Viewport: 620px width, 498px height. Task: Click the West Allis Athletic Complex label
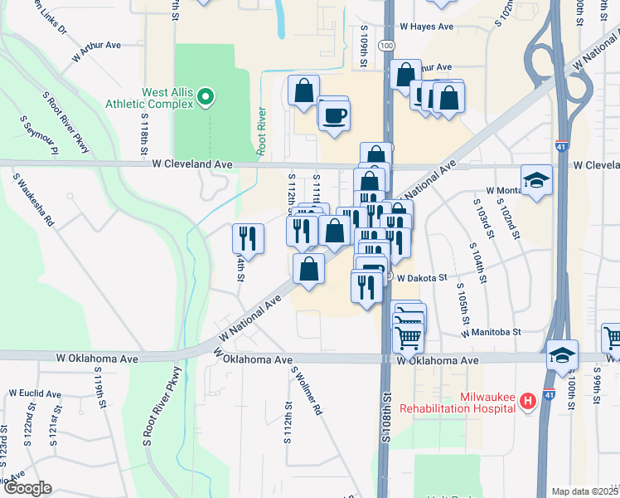coord(144,98)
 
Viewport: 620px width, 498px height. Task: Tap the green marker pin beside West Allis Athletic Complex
coord(206,98)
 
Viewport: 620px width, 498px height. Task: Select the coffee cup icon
coord(335,115)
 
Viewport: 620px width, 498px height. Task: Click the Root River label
coord(262,132)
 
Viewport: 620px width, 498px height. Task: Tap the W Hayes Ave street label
coord(424,27)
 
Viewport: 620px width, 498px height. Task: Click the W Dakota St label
coord(422,278)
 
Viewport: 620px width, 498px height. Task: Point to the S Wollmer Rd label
coord(306,391)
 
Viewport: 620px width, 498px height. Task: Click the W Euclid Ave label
coord(36,393)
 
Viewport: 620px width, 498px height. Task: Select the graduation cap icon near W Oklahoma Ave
coord(561,353)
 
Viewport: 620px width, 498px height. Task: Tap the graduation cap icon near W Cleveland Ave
coord(536,179)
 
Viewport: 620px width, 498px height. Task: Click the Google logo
coord(27,488)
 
